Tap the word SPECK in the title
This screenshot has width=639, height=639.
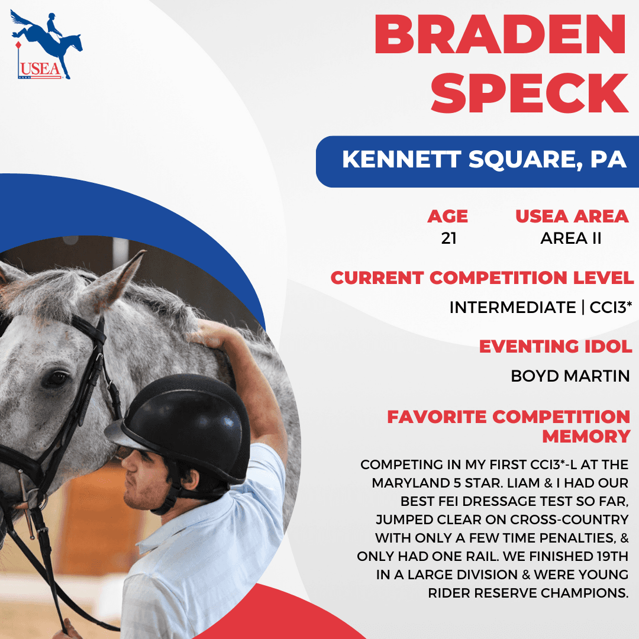pos(530,93)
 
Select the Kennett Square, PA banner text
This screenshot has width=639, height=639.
pos(484,159)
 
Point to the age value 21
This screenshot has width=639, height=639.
pos(448,238)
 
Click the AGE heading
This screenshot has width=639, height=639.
pos(447,217)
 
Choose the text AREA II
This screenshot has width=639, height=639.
pos(570,238)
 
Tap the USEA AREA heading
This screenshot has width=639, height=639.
pos(572,217)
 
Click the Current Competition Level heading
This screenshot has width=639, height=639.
pos(482,278)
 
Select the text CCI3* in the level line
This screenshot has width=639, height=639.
pos(611,307)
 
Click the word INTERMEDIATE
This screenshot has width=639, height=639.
pos(512,308)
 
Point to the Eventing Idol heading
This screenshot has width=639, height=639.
pos(556,347)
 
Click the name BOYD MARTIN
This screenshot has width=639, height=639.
pos(570,376)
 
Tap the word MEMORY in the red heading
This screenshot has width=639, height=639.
pos(586,437)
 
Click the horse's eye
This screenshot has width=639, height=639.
pos(56,379)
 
